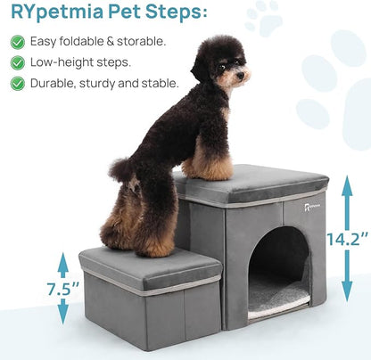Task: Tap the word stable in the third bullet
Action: tap(160, 84)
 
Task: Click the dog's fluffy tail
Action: tap(123, 169)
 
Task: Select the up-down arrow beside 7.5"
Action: tap(62, 288)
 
